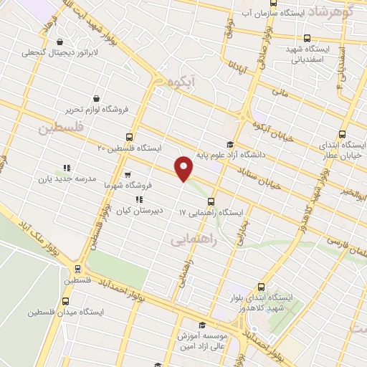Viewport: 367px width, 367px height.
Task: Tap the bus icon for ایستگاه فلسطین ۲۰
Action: (129, 136)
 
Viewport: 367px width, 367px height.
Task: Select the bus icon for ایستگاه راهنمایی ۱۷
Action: (211, 201)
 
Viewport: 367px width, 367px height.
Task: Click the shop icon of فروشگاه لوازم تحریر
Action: (95, 98)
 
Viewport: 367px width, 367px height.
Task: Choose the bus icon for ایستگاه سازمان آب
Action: (307, 38)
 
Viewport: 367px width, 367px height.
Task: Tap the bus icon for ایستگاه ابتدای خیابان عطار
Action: (342, 134)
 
